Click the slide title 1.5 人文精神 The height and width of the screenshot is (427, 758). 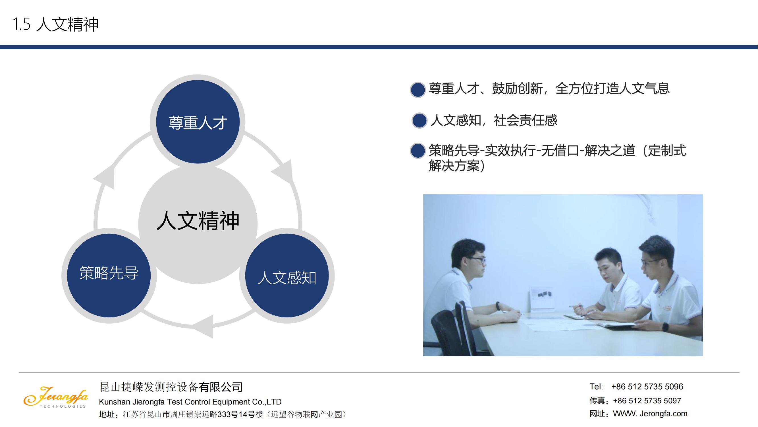55,24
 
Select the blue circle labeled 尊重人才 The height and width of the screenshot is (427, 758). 198,122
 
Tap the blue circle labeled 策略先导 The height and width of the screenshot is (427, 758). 109,276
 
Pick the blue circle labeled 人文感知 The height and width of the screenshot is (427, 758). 287,276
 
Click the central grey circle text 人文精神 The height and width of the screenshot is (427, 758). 198,220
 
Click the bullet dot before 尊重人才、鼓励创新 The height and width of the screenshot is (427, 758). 418,90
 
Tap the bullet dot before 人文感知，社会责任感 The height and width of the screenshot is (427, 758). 419,120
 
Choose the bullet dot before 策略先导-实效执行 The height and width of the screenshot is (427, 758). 418,151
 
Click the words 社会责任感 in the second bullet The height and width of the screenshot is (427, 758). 526,120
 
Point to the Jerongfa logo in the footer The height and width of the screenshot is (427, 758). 56,397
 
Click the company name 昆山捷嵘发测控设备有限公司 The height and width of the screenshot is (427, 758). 171,387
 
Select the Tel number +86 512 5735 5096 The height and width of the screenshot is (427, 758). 647,387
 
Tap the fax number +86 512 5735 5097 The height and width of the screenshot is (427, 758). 647,401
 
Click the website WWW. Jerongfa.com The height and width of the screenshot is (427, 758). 650,413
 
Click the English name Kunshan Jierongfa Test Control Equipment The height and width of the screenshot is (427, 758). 190,402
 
